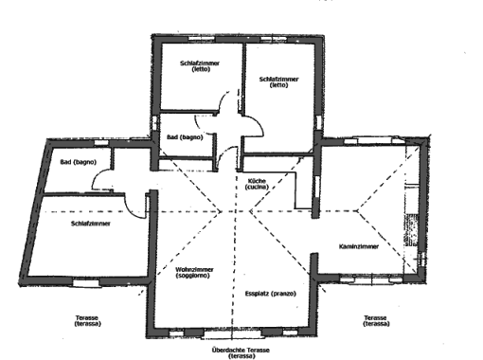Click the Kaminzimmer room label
pos(359,246)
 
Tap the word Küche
pos(257,181)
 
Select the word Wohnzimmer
pos(194,270)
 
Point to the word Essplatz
pos(257,294)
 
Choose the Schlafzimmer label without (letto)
pos(91,224)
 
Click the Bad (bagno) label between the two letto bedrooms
pos(185,137)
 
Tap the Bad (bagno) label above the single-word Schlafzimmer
pos(78,162)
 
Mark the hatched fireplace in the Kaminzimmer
pos(412,229)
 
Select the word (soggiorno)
pos(192,276)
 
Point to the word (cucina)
pos(257,187)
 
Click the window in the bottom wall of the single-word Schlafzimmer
pos(86,282)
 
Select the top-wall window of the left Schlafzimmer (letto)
pos(202,39)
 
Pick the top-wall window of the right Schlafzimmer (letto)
pos(274,39)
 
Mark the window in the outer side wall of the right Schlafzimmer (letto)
pos(319,122)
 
